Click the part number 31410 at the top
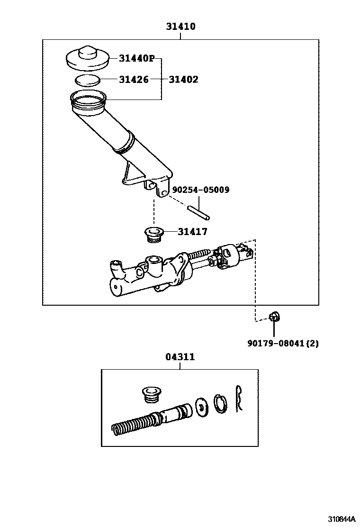(x=180, y=27)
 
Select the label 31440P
(x=137, y=58)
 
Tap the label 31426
(x=134, y=80)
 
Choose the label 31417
(x=192, y=232)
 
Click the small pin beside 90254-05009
(x=198, y=211)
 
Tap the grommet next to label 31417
(x=153, y=235)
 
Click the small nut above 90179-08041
(x=273, y=317)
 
